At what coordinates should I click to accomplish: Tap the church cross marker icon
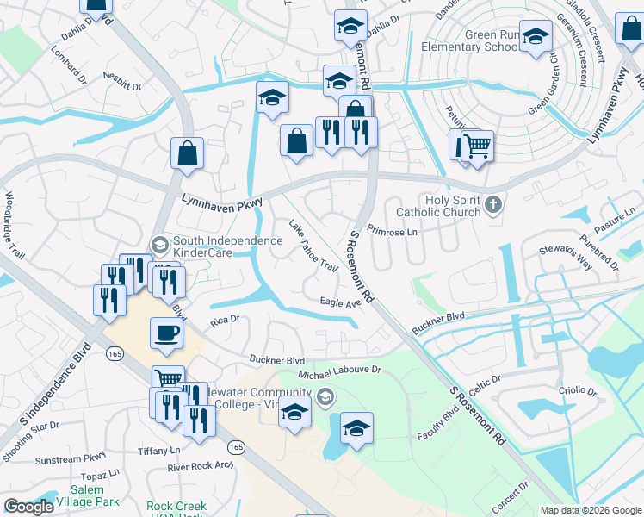click(492, 205)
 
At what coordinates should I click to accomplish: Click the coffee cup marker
click(166, 332)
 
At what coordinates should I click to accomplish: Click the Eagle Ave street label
click(339, 302)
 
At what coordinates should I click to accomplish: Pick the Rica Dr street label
click(225, 321)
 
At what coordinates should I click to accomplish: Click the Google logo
click(28, 507)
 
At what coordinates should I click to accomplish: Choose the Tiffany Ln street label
click(159, 451)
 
